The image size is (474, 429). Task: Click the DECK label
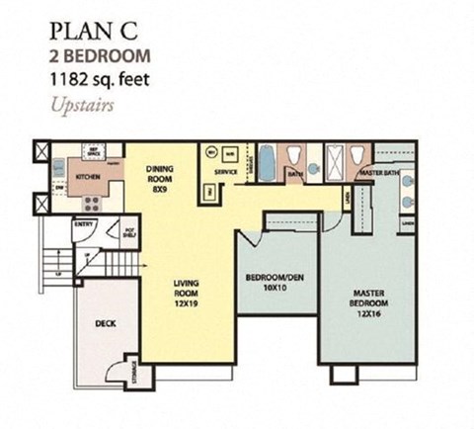click(x=108, y=324)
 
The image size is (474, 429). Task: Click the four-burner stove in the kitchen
click(x=92, y=205)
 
